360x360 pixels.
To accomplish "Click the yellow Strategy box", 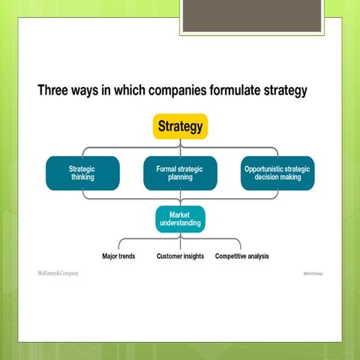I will pyautogui.click(x=180, y=127).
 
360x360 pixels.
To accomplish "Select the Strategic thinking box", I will pyautogui.click(x=82, y=173).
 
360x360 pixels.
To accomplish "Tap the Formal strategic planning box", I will pyautogui.click(x=180, y=173).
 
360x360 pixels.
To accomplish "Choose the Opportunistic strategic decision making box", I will pyautogui.click(x=277, y=173).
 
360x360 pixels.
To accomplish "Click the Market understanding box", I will pyautogui.click(x=180, y=219).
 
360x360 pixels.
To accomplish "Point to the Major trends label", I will pyautogui.click(x=118, y=256).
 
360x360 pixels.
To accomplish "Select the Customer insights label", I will pyautogui.click(x=180, y=256).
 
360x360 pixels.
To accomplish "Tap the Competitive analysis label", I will pyautogui.click(x=241, y=256).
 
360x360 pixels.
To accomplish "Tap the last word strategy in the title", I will pyautogui.click(x=283, y=91).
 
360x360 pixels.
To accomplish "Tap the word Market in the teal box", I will pyautogui.click(x=180, y=214).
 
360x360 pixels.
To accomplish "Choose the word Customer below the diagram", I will pyautogui.click(x=169, y=256).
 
